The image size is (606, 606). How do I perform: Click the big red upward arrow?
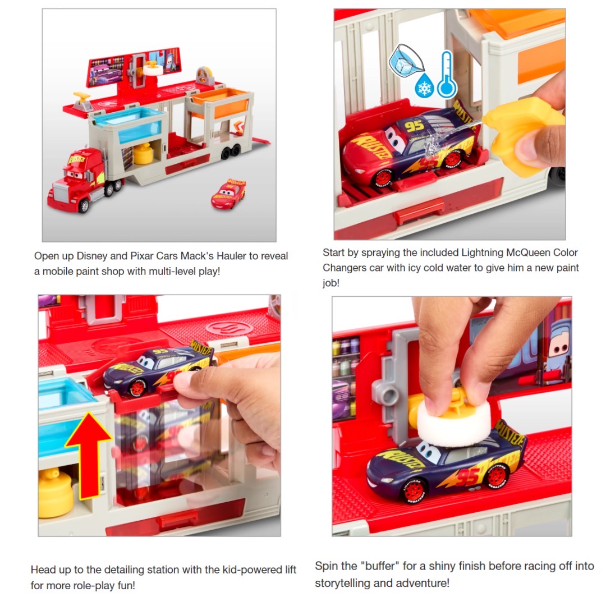tap(88, 454)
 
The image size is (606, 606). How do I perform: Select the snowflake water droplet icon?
tap(424, 88)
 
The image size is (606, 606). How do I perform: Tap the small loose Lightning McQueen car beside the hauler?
tap(228, 194)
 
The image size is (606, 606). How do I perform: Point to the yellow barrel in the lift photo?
tap(56, 493)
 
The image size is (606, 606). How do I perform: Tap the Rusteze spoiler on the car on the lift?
tap(201, 348)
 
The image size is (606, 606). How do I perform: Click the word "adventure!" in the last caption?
tap(421, 582)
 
